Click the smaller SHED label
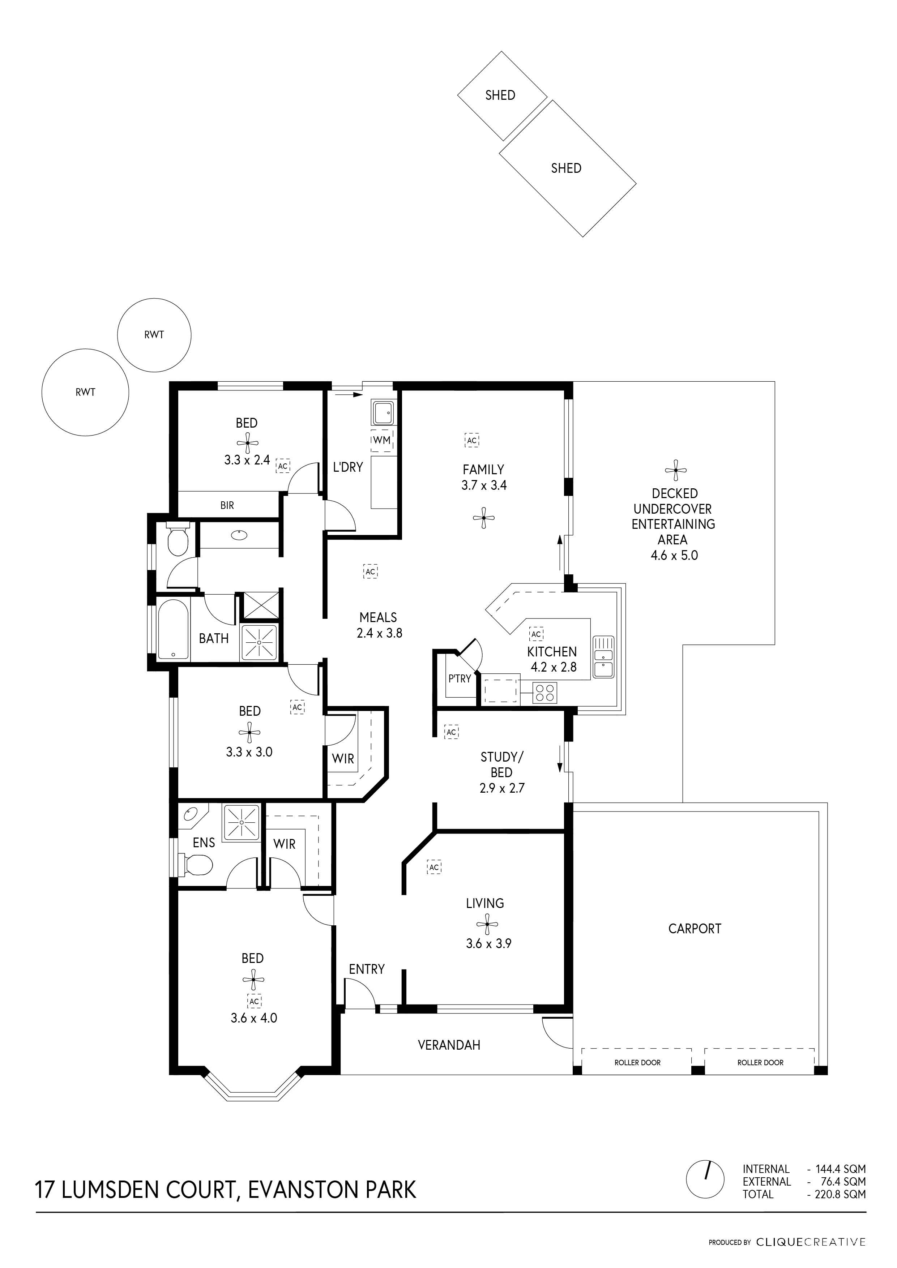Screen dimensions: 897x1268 click(x=500, y=95)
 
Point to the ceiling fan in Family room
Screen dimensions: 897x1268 click(x=484, y=518)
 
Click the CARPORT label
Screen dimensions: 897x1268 click(x=695, y=929)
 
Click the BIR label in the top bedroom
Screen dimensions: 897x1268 click(x=227, y=505)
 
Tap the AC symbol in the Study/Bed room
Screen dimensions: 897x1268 click(x=451, y=732)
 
